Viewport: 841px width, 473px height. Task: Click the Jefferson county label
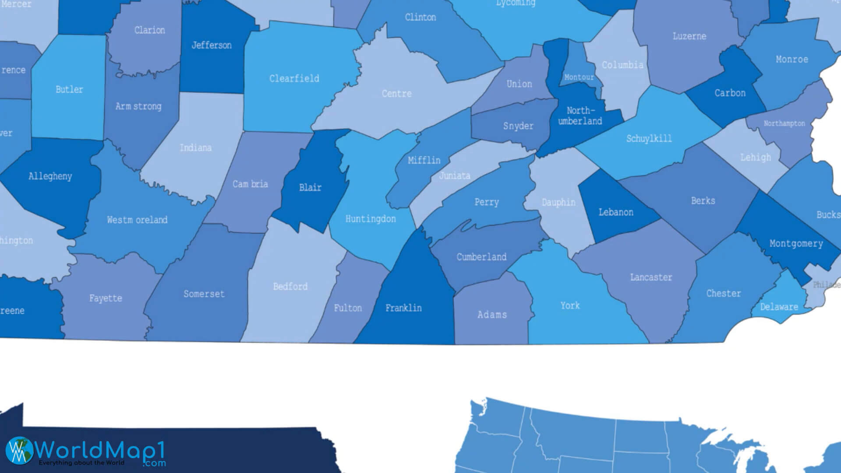[212, 45]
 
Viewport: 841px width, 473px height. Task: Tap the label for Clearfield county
[294, 79]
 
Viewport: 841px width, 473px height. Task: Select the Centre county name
[396, 94]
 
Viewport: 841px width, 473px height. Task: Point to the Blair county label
[310, 187]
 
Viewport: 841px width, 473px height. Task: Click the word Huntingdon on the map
[371, 219]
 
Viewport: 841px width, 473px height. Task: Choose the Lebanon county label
[616, 212]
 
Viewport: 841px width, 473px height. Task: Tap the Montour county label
[579, 78]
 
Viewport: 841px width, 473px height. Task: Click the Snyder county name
[518, 126]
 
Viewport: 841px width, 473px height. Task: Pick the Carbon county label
[730, 93]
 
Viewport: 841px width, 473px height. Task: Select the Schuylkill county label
[649, 139]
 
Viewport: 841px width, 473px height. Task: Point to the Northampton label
[784, 124]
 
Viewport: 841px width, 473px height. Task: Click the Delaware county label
[779, 307]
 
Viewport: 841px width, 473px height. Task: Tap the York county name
[570, 306]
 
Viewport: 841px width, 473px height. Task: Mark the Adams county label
[492, 314]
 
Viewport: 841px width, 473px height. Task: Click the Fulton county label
[348, 308]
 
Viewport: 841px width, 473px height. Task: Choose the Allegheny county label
[50, 176]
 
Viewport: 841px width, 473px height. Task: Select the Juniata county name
[454, 176]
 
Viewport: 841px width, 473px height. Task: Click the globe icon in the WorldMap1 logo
[19, 450]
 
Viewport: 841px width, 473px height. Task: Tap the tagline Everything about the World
[81, 463]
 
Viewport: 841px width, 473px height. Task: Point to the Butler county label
[69, 89]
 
